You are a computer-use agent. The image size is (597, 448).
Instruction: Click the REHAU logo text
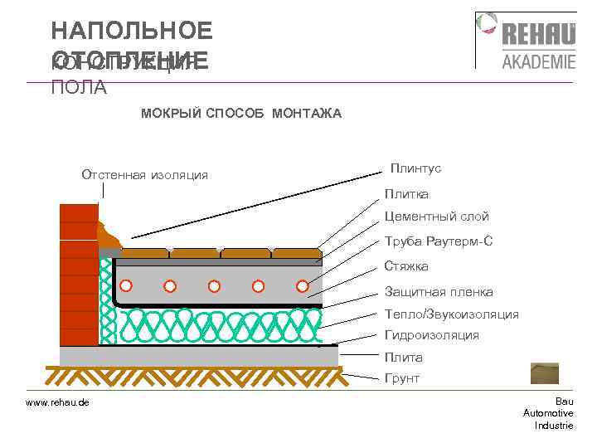538,36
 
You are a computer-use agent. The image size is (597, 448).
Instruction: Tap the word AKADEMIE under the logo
538,61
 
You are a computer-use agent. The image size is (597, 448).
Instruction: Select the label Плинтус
415,168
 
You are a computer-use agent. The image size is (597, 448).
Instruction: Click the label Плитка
406,194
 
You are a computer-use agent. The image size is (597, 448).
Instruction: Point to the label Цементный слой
436,217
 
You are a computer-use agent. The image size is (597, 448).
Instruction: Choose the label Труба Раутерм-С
439,241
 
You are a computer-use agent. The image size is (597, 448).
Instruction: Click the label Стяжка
406,266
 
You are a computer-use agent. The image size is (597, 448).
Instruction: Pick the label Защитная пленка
439,292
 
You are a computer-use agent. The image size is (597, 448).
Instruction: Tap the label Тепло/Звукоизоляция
452,314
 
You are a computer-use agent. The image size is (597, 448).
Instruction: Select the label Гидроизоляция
431,335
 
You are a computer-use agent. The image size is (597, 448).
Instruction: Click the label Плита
403,358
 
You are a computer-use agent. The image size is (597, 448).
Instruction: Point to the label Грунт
402,378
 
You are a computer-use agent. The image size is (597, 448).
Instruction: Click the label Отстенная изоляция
144,175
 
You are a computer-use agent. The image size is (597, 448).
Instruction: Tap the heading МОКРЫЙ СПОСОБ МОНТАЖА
240,113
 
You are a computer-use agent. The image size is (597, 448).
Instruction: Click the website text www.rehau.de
58,402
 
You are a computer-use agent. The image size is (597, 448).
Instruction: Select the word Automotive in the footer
548,413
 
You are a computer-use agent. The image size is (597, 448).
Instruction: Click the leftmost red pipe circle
126,286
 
